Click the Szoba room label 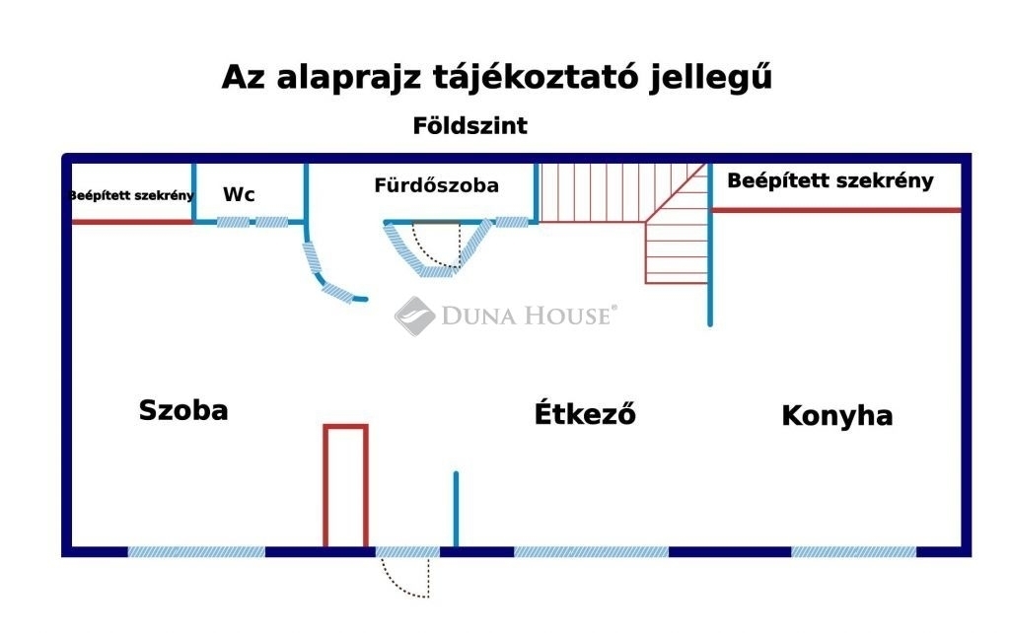(x=183, y=410)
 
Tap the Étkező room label (x=585, y=413)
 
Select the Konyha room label (x=836, y=416)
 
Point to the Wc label (x=239, y=194)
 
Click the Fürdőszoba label (x=436, y=185)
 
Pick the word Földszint (x=469, y=125)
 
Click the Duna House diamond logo (x=414, y=316)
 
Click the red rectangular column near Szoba (x=346, y=485)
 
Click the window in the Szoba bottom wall (x=196, y=552)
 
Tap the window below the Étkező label (x=592, y=552)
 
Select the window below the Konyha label (x=853, y=552)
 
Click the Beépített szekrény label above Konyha (x=830, y=181)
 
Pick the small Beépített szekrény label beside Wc (x=131, y=195)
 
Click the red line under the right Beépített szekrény (x=836, y=210)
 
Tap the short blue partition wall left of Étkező (x=456, y=510)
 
